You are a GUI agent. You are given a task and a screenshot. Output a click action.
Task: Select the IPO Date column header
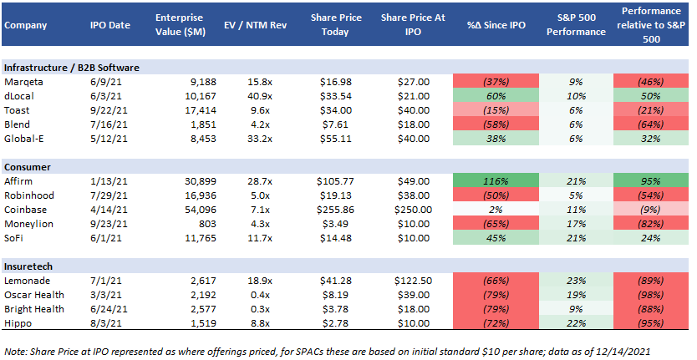109,25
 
